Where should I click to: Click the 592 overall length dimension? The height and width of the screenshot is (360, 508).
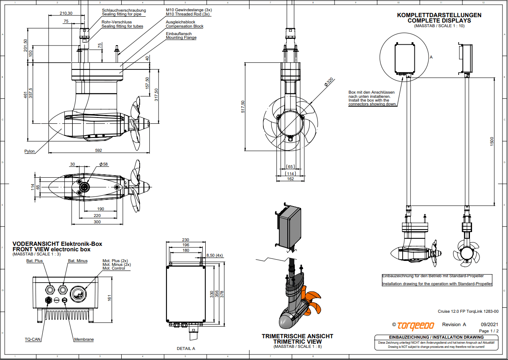click(x=99, y=150)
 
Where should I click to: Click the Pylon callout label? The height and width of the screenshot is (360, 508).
click(x=29, y=151)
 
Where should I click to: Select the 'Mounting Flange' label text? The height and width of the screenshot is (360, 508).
click(x=181, y=38)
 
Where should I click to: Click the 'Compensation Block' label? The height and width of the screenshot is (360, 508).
click(x=184, y=26)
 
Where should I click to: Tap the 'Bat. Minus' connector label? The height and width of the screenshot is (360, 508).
click(x=78, y=260)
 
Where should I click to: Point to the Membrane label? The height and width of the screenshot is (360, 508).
click(x=84, y=340)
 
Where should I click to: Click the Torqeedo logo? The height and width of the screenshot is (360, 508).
click(x=416, y=325)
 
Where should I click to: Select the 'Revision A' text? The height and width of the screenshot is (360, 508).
click(x=454, y=324)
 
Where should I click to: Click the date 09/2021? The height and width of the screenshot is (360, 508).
click(x=490, y=324)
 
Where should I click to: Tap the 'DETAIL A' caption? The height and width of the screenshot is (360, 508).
click(x=186, y=348)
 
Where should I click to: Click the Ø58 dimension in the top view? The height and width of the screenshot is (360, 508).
click(x=104, y=164)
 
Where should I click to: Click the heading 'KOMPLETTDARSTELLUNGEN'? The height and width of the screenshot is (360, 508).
click(x=439, y=15)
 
